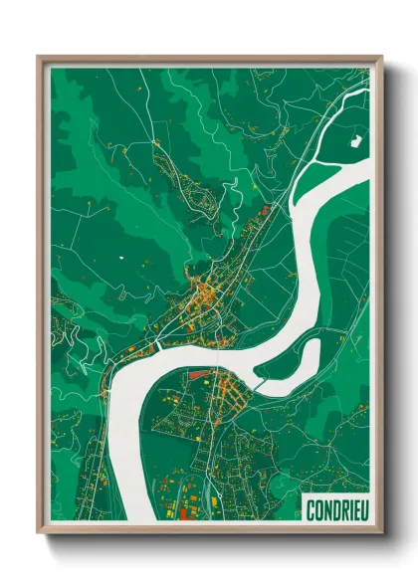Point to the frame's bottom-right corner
(381, 532)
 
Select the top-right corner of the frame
(381, 58)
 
